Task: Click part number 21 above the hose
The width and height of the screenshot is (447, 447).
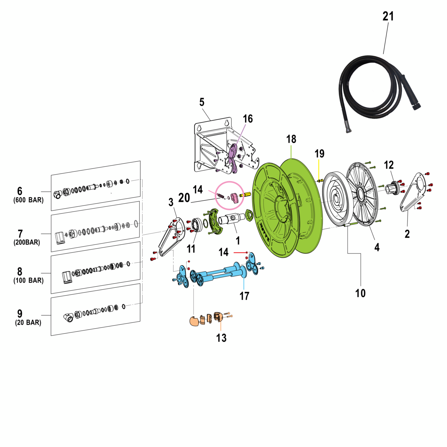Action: (388, 16)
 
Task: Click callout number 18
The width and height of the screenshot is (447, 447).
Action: (291, 139)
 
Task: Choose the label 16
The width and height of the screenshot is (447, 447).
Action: (248, 119)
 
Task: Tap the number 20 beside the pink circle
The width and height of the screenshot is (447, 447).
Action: (184, 198)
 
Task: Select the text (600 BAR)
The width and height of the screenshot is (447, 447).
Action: (29, 200)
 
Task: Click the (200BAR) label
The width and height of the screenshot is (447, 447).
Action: (27, 242)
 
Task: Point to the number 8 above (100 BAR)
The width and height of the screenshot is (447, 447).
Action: (20, 271)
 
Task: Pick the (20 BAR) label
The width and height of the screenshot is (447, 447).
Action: (28, 323)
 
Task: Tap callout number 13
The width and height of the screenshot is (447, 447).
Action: (221, 338)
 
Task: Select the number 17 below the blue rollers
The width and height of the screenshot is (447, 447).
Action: (244, 296)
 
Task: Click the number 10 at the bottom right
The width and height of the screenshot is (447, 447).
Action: (360, 293)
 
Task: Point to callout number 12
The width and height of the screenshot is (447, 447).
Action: (389, 165)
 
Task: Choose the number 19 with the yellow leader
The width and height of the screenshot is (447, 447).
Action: (320, 153)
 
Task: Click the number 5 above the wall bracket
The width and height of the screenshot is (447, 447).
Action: (202, 102)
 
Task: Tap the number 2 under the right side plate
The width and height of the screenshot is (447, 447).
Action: (407, 234)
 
